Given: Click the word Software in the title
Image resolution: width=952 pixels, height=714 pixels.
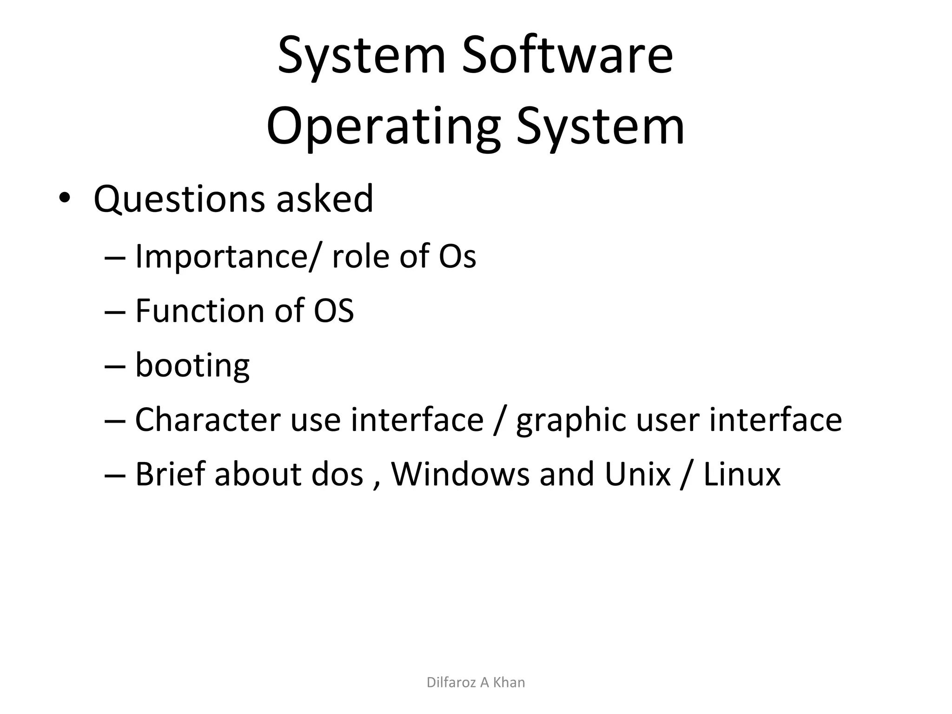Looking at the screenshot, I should click(x=567, y=56).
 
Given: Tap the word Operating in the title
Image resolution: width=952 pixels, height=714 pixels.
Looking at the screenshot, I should click(x=383, y=126).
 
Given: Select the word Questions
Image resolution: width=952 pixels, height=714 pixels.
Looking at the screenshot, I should click(x=179, y=199).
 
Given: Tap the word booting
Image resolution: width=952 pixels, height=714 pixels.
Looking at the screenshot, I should click(x=192, y=366).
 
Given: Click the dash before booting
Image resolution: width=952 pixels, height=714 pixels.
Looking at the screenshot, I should click(x=115, y=366).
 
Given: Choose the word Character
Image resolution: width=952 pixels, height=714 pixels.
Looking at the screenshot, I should click(x=208, y=420).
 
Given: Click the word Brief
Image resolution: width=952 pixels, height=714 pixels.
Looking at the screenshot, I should click(x=170, y=474).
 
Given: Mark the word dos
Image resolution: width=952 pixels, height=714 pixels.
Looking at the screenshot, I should click(x=337, y=474).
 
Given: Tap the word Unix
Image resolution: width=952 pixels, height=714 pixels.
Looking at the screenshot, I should click(x=638, y=474).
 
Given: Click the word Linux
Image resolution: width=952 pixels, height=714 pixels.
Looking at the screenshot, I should click(x=742, y=474).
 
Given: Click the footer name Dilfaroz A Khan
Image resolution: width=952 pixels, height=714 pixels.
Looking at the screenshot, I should click(x=476, y=682).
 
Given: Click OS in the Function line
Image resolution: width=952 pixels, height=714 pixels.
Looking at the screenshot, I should click(x=334, y=311).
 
